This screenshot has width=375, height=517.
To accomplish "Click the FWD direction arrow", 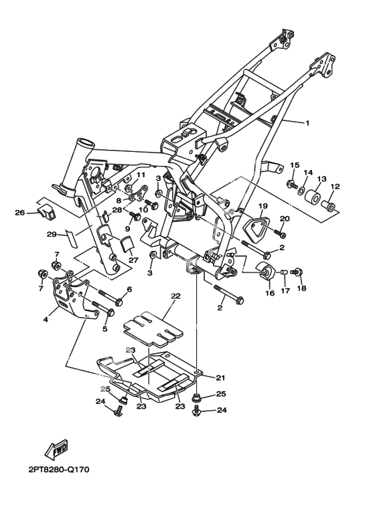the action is pyautogui.click(x=56, y=449).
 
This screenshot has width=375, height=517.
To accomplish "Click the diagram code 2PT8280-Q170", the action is pyautogui.click(x=59, y=470).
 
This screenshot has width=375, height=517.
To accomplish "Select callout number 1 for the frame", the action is pyautogui.click(x=307, y=123).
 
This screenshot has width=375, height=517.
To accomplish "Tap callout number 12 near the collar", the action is pyautogui.click(x=335, y=187).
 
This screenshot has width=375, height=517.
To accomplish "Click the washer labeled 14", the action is pyautogui.click(x=301, y=190).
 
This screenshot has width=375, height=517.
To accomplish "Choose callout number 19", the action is pyautogui.click(x=262, y=207).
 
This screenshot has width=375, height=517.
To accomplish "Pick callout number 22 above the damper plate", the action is pyautogui.click(x=175, y=296).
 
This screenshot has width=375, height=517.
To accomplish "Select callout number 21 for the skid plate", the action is pyautogui.click(x=220, y=377).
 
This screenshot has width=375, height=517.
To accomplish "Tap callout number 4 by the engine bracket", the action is pyautogui.click(x=46, y=319).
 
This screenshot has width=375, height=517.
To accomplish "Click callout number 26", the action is pyautogui.click(x=20, y=213).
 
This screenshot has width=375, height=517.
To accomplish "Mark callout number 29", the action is pyautogui.click(x=52, y=235).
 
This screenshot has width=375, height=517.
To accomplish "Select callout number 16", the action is pyautogui.click(x=270, y=293).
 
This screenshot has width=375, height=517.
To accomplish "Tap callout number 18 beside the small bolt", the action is pyautogui.click(x=302, y=288).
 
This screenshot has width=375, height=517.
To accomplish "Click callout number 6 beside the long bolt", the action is pyautogui.click(x=129, y=289).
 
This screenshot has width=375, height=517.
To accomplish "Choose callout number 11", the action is pyautogui.click(x=141, y=175).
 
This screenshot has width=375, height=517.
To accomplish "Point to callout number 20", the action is pyautogui.click(x=285, y=218).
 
